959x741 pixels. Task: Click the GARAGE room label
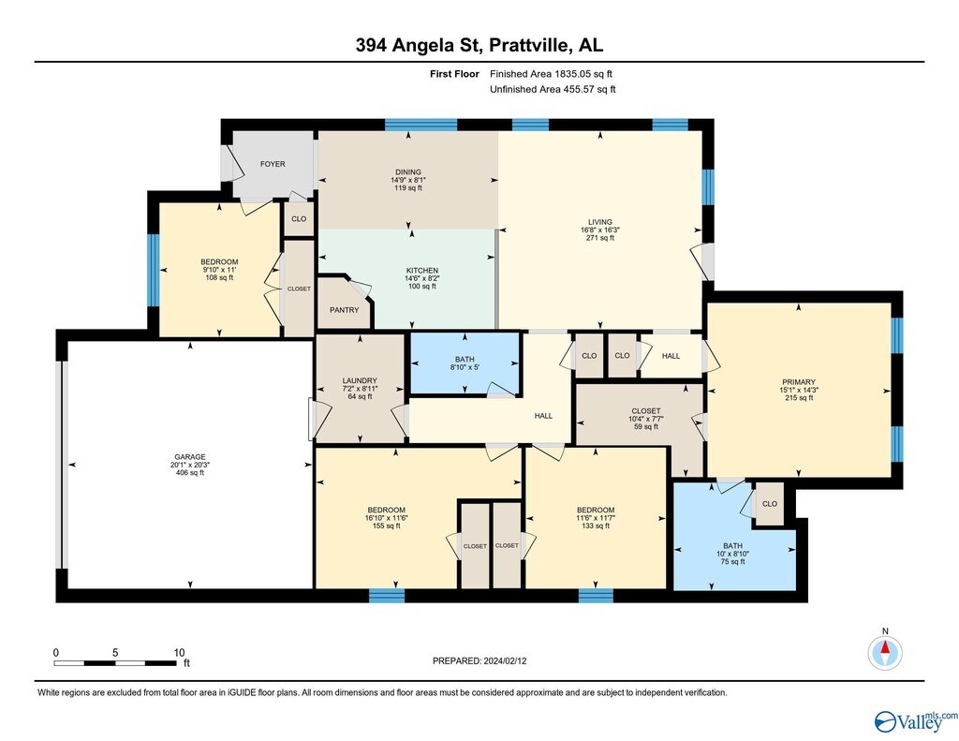tap(189, 456)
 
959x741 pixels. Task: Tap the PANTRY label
tap(345, 310)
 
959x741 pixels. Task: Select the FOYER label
tap(273, 164)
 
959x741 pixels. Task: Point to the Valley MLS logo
tap(916, 721)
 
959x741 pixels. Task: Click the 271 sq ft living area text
tap(600, 238)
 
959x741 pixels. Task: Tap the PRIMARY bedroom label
tap(799, 382)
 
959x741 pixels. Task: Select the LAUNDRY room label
tap(360, 380)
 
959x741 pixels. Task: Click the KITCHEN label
tap(422, 271)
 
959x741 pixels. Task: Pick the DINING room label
tap(408, 172)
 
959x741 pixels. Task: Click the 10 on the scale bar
tap(179, 652)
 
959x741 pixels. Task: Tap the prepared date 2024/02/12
tap(505, 660)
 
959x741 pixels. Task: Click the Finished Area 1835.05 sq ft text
tap(551, 74)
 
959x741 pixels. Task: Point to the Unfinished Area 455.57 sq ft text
tap(553, 89)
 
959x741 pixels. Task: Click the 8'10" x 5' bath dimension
tap(465, 368)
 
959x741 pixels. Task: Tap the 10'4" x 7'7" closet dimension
tap(646, 419)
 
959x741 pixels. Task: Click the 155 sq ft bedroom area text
tap(387, 526)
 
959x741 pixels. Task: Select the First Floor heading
tap(454, 74)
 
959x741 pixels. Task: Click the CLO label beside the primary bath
tap(770, 504)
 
